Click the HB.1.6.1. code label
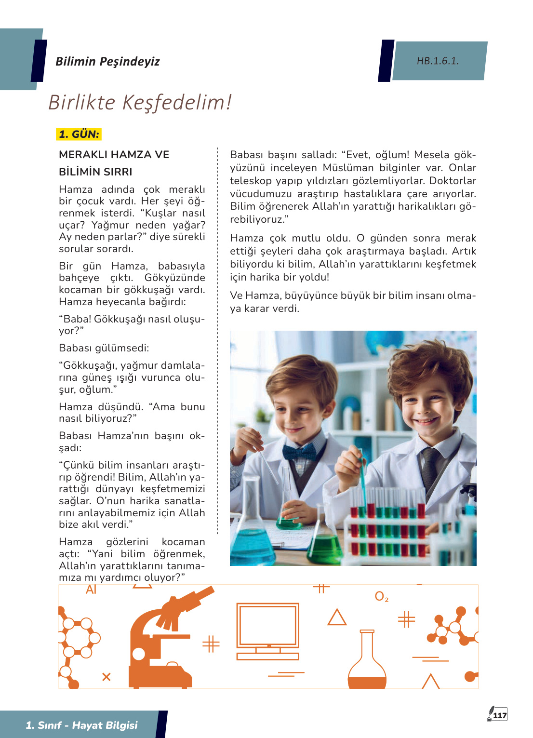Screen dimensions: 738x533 438,61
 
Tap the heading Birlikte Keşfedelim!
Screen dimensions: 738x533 140,102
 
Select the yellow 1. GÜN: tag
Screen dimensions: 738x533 79,134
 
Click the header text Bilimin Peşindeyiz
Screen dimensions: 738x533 107,61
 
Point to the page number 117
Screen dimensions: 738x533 500,715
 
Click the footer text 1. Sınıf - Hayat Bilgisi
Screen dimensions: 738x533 81,725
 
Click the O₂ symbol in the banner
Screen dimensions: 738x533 381,597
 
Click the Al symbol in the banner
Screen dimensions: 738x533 91,590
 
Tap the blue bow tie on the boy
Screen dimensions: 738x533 299,452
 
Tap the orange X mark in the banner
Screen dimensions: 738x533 107,677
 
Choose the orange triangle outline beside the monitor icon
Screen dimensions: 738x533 337,617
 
